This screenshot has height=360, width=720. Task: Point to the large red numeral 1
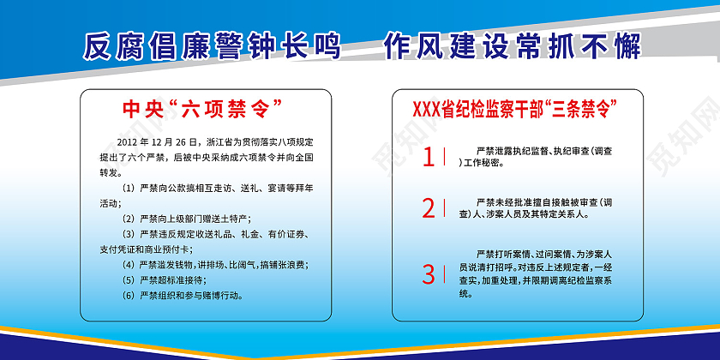point(429,157)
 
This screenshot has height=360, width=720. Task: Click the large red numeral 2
point(429,208)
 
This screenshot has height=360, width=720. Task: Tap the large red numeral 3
point(429,274)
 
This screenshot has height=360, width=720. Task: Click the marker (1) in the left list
point(129,188)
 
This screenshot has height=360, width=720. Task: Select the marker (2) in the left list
point(129,219)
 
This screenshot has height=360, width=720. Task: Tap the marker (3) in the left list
point(129,234)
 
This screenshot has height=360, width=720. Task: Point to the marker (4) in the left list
point(129,265)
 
